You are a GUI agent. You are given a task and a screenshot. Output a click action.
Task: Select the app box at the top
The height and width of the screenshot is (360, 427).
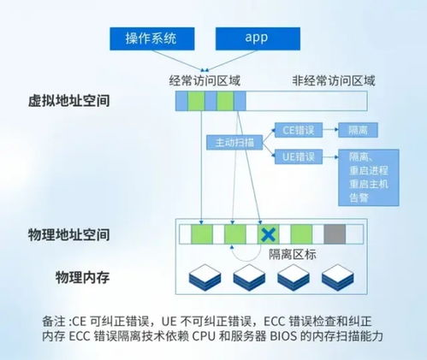point(257,38)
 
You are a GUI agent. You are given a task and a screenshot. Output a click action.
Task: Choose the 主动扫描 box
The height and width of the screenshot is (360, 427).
point(228,143)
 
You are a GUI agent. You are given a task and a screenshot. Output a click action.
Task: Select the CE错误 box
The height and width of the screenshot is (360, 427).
point(299,130)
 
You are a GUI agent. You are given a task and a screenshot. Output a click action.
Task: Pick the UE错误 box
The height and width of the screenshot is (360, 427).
point(299,156)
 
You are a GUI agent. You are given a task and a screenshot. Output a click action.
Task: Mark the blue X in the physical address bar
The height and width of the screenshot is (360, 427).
point(268,233)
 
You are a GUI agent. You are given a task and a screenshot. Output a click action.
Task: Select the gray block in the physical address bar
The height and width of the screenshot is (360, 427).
point(335,233)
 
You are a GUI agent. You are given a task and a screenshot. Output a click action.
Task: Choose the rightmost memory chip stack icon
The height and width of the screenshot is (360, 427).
point(340,274)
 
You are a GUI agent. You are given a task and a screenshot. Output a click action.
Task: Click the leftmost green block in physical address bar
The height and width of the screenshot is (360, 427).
point(202,233)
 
